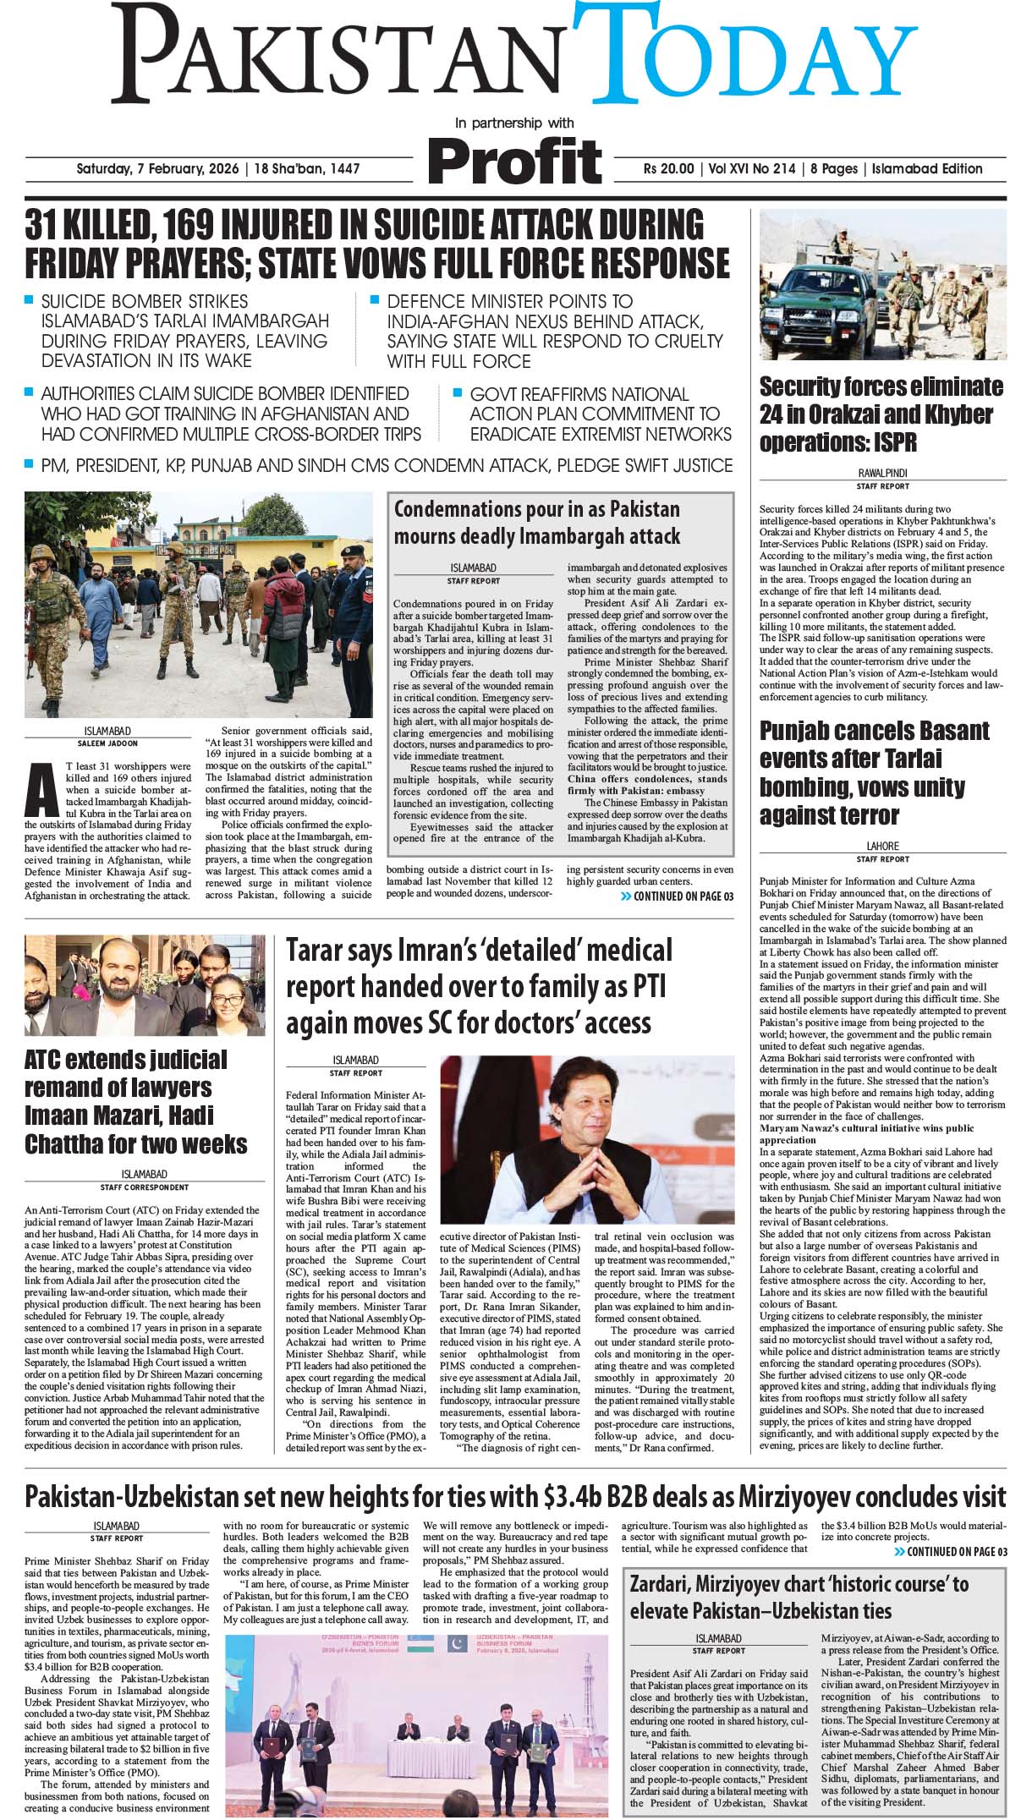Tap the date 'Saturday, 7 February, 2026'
point(157,168)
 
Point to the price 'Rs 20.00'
point(668,168)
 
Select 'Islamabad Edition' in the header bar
point(927,168)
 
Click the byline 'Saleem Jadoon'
point(108,743)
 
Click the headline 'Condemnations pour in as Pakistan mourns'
point(536,522)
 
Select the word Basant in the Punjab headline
point(950,731)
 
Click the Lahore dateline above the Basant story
point(882,846)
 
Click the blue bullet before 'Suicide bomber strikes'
point(30,299)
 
